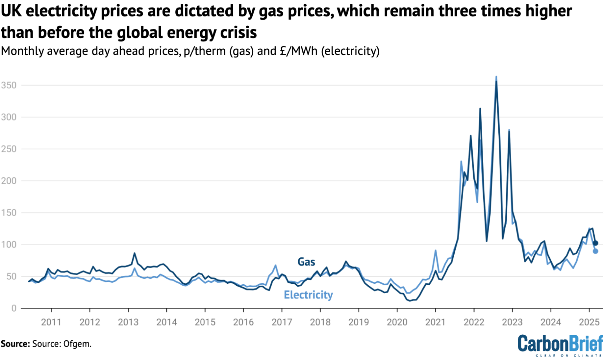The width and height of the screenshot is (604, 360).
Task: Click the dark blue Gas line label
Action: pos(306,262)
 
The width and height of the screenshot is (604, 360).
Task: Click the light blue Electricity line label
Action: pos(308,295)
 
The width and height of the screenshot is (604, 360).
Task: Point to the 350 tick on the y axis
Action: pos(8,85)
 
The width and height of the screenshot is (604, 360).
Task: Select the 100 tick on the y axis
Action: pos(8,244)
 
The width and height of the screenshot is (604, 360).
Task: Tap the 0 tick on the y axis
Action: pos(14,309)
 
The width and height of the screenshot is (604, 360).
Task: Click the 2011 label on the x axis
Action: pos(51,322)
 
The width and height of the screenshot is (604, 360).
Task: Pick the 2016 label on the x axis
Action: pos(243,322)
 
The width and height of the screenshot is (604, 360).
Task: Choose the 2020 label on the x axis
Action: pos(397,322)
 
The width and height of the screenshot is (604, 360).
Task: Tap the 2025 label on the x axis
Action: pos(589,322)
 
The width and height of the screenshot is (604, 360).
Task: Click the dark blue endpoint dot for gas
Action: pos(595,243)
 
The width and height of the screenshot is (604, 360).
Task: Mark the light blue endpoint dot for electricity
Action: pos(595,251)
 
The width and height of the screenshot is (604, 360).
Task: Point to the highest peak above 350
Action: pos(496,77)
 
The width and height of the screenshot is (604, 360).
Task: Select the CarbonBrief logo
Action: pos(560,345)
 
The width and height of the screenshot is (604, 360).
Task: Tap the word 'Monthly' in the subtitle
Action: pos(22,51)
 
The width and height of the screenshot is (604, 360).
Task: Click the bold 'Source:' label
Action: pos(15,344)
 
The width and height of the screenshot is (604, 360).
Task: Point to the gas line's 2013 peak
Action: pos(134,253)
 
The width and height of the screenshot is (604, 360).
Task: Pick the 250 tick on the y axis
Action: pos(8,149)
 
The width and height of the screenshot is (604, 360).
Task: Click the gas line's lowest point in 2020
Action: pos(410,301)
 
